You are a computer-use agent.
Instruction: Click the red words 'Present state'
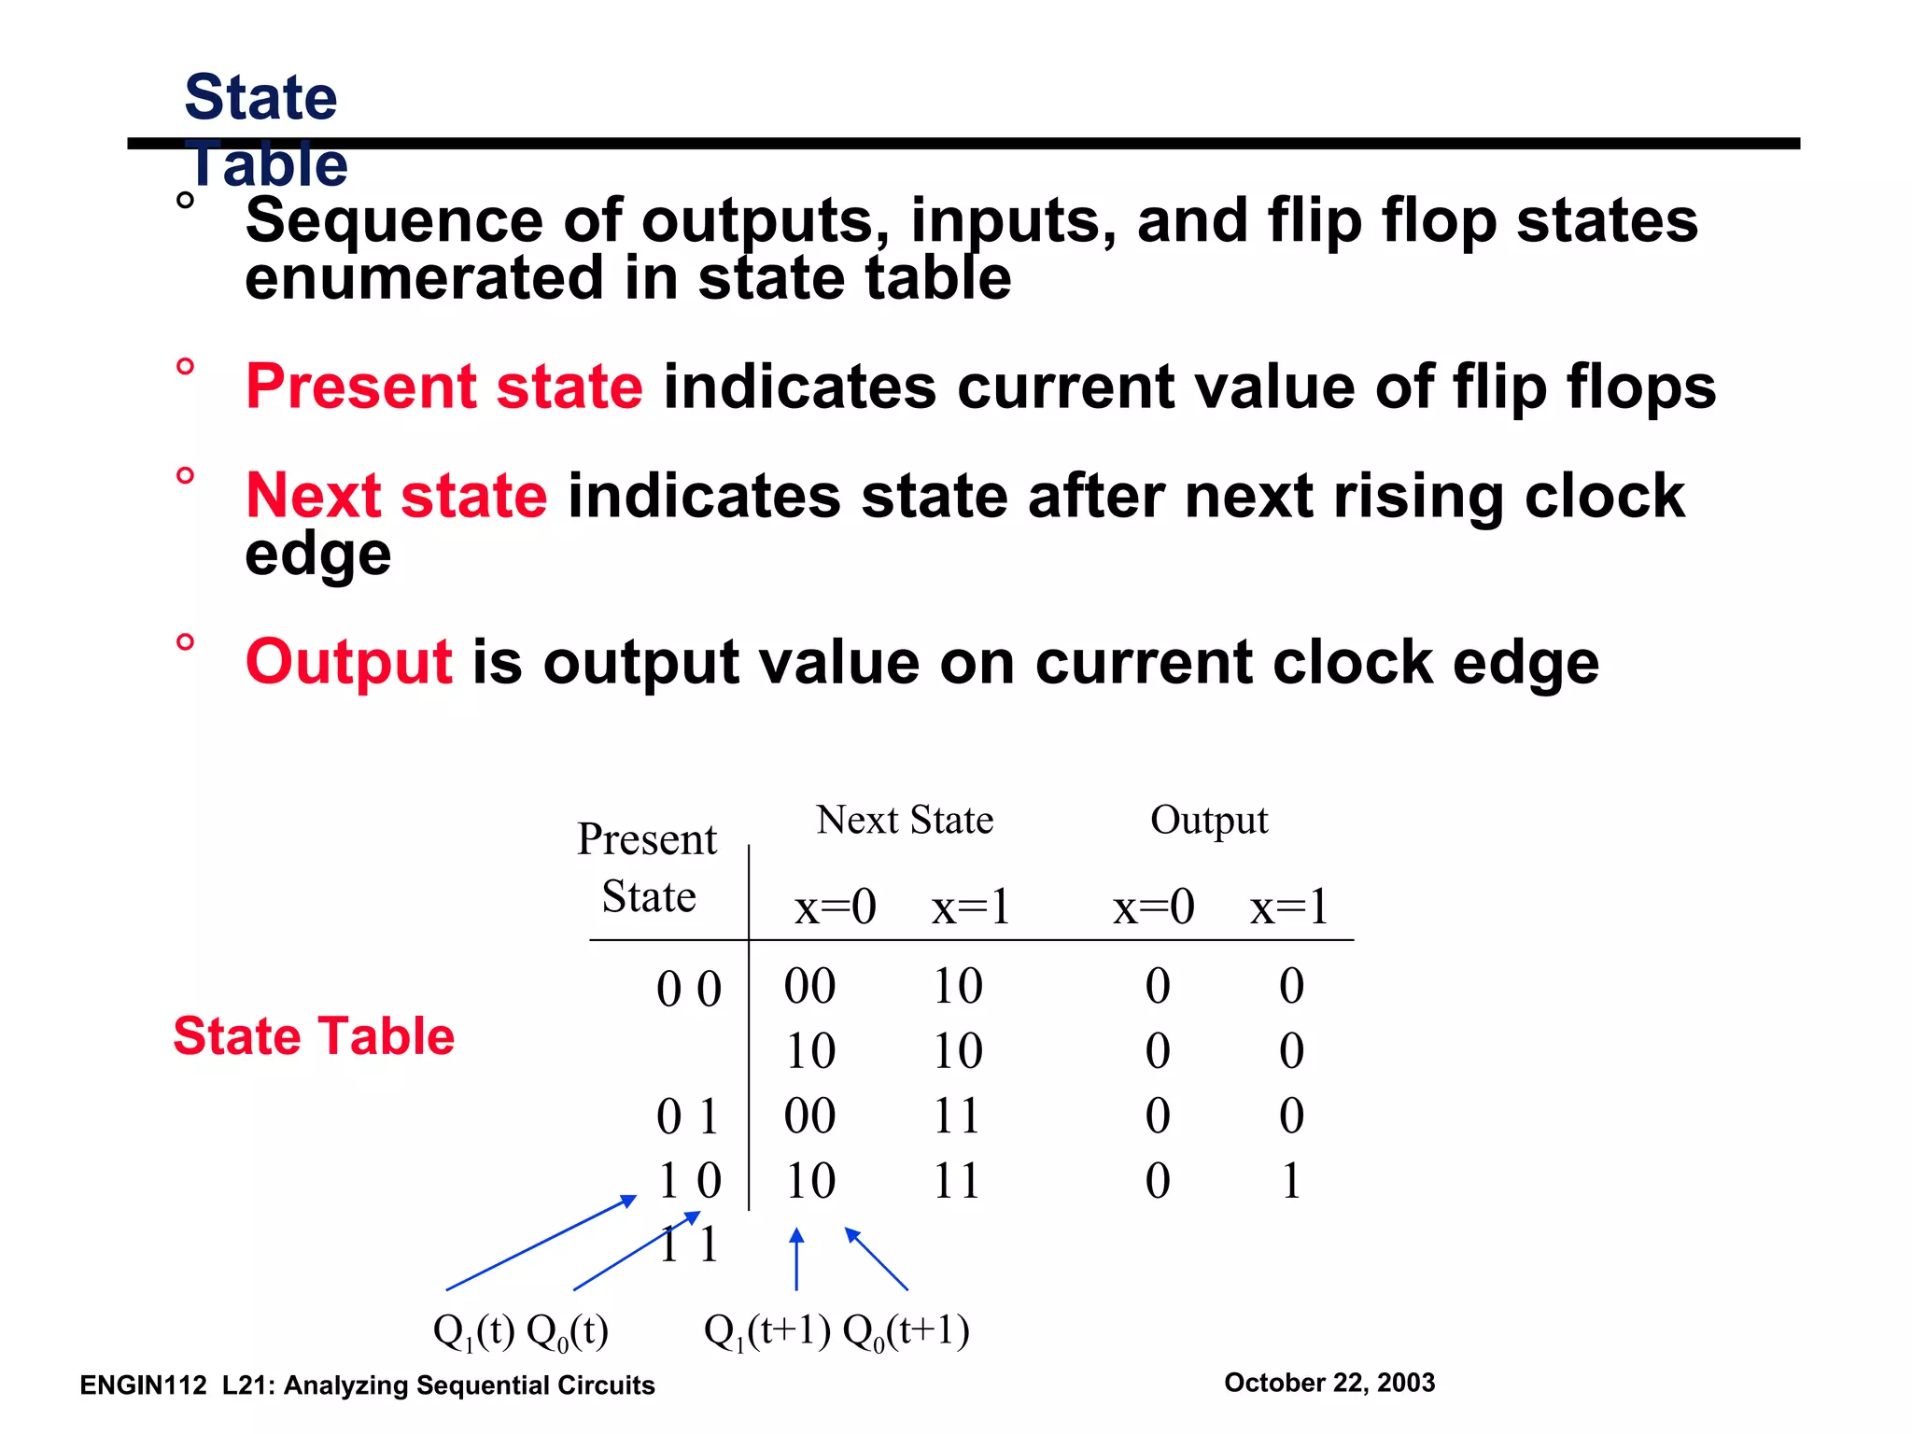tap(443, 387)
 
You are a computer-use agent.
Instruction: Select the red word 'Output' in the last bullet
tap(348, 662)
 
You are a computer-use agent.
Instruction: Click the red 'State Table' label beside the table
tap(314, 1036)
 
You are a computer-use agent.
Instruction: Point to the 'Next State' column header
tap(904, 820)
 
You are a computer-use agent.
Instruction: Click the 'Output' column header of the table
tap(1208, 820)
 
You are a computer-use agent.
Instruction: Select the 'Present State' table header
tap(647, 866)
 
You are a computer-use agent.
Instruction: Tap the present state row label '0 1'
tap(687, 1117)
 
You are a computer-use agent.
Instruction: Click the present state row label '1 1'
tap(689, 1245)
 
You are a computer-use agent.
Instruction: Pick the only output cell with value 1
tap(1291, 1181)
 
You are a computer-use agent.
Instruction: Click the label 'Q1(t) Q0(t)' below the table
tap(520, 1331)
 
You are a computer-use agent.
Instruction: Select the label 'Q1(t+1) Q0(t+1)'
tap(836, 1331)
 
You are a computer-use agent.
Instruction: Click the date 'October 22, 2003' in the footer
tap(1329, 1383)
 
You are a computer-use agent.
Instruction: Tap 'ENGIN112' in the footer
tap(143, 1385)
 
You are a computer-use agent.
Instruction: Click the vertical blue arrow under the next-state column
tap(796, 1260)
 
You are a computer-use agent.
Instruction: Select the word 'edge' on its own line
tap(317, 555)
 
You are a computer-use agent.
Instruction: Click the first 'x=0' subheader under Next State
tap(835, 907)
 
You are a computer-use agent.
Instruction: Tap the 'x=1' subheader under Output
tap(1289, 907)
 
